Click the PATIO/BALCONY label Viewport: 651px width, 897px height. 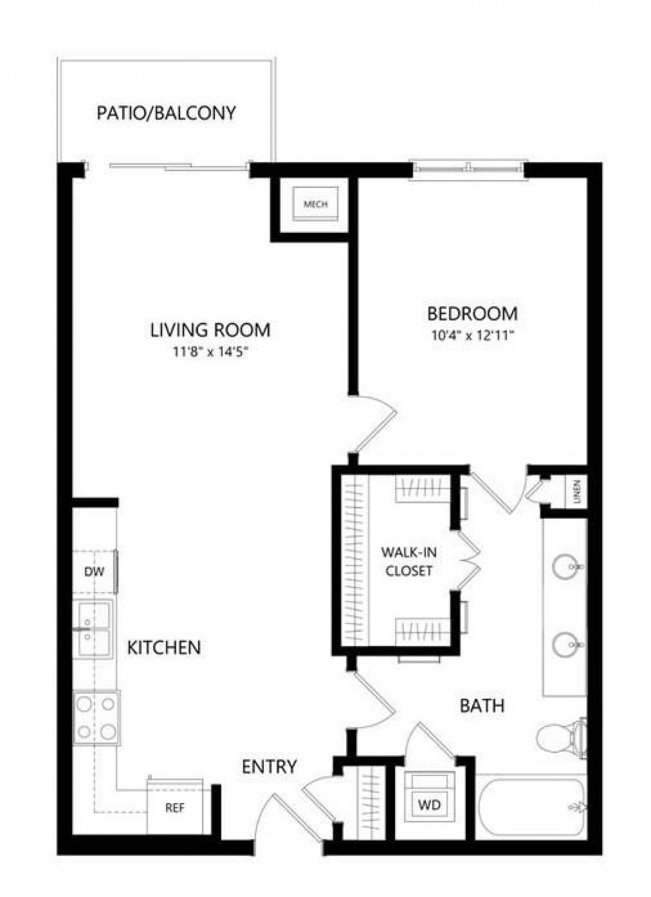point(166,113)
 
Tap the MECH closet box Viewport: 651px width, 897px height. point(315,204)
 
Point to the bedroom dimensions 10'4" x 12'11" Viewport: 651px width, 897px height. point(472,336)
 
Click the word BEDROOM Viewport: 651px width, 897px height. point(472,313)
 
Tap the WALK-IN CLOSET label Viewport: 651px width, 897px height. point(409,561)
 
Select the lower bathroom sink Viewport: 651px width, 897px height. point(564,645)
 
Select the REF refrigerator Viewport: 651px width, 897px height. point(175,807)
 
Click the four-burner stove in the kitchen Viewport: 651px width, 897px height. point(96,718)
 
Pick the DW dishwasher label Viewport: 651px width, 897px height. point(94,571)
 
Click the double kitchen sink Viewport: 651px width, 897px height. point(93,629)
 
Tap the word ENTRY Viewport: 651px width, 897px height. point(269,766)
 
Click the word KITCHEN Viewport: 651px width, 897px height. point(164,647)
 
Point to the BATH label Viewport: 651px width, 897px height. point(482,705)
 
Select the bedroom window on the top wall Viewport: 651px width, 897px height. point(469,167)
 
